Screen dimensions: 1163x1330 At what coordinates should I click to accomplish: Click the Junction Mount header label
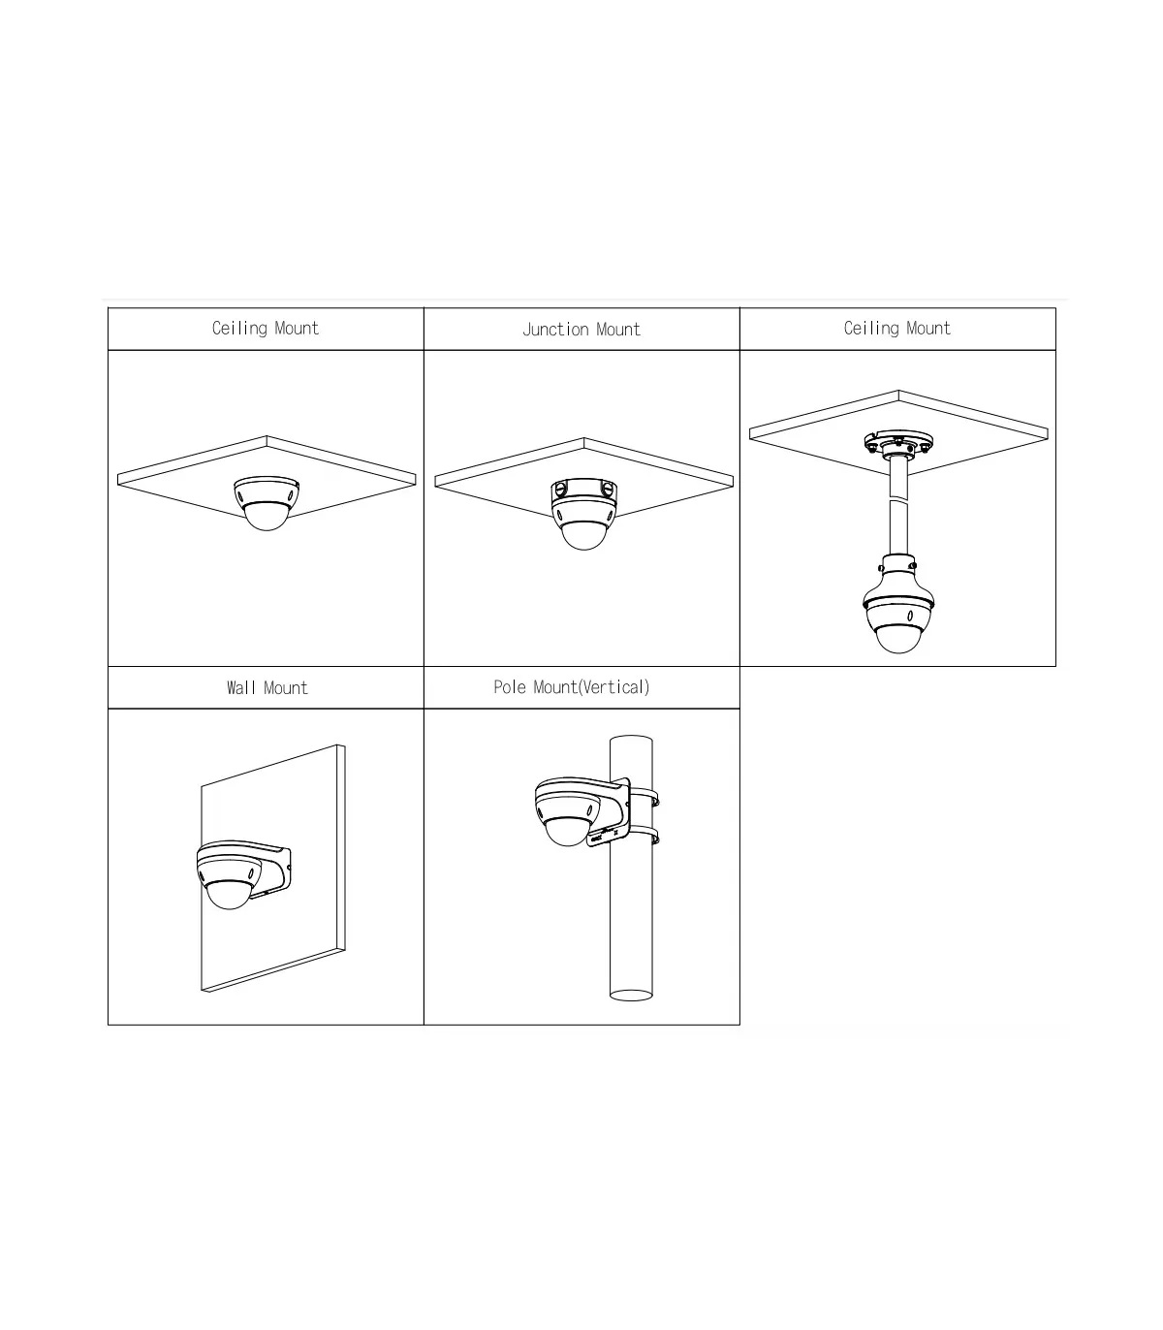click(581, 330)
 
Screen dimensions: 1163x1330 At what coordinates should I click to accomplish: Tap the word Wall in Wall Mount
click(241, 687)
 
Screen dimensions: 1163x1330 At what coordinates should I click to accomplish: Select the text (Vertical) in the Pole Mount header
click(613, 687)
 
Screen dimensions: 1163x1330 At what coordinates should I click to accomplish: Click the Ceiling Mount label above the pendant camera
click(897, 329)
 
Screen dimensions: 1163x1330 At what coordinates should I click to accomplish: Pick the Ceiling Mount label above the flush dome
click(266, 329)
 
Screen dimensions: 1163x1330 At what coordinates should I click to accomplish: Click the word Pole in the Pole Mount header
click(511, 687)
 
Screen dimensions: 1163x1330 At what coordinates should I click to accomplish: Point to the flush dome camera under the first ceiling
click(267, 503)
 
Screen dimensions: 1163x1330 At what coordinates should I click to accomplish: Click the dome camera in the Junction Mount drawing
click(583, 514)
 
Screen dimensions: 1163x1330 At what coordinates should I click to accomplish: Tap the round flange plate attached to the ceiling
click(898, 444)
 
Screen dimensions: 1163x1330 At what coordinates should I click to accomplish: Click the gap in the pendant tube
click(898, 498)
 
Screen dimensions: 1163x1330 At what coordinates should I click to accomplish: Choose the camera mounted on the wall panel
click(243, 873)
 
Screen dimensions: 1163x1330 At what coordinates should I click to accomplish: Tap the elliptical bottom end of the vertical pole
click(631, 996)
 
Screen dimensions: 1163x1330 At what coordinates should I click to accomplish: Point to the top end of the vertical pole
click(631, 739)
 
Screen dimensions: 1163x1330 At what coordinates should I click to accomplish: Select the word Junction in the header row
click(555, 330)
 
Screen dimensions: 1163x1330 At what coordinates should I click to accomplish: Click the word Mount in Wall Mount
click(286, 687)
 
